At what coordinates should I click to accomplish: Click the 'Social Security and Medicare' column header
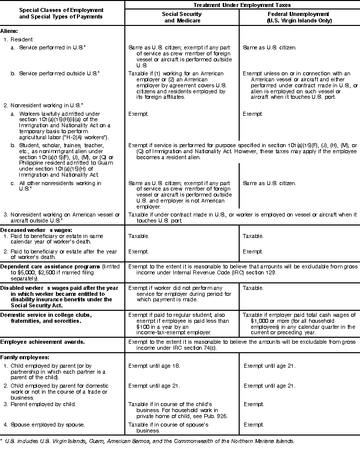pyautogui.click(x=182, y=17)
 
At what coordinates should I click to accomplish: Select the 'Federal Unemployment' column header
pyautogui.click(x=299, y=17)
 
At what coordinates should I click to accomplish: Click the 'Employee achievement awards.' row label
pyautogui.click(x=42, y=342)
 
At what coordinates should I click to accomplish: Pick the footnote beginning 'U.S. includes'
pyautogui.click(x=150, y=442)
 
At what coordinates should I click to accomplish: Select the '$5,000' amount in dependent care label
pyautogui.click(x=28, y=273)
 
